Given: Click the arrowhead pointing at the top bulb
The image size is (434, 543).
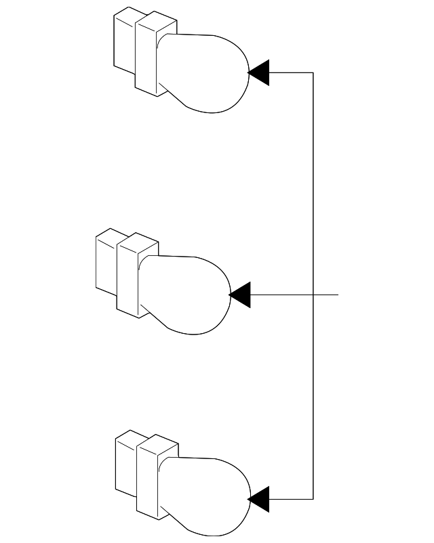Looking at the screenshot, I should pyautogui.click(x=260, y=72).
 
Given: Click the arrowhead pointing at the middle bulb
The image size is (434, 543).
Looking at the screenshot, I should pyautogui.click(x=241, y=295).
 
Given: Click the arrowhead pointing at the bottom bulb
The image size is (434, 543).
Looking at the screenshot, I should pyautogui.click(x=260, y=500).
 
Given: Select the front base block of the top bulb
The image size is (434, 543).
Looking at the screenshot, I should pyautogui.click(x=146, y=58).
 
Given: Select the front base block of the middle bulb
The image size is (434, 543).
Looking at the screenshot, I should pyautogui.click(x=127, y=279).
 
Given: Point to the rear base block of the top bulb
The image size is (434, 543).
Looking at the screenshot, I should pyautogui.click(x=124, y=44).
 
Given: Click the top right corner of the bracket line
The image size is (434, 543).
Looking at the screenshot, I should pyautogui.click(x=313, y=72).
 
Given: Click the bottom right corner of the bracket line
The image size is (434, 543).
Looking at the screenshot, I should pyautogui.click(x=313, y=500).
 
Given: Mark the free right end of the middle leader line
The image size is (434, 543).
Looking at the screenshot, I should pyautogui.click(x=337, y=295).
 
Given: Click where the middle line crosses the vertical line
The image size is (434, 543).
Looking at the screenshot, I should pyautogui.click(x=313, y=295).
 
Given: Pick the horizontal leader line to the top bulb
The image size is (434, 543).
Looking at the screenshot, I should pyautogui.click(x=292, y=72).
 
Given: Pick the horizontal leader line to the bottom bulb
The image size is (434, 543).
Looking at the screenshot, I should pyautogui.click(x=292, y=500).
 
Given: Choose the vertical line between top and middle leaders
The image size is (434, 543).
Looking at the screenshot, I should pyautogui.click(x=313, y=183).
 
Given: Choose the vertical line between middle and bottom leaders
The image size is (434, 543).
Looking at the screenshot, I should pyautogui.click(x=313, y=399).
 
